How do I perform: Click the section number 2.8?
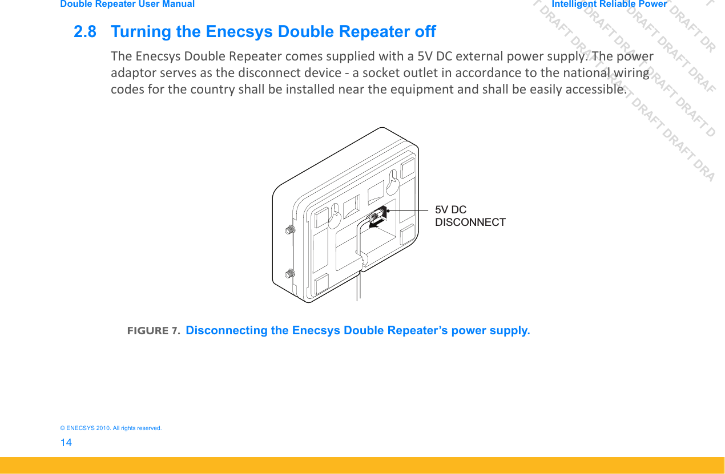coord(85,31)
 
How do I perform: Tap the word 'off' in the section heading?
coord(425,31)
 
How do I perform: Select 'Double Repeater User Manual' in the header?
coord(127,4)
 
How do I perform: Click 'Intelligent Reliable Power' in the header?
coord(609,4)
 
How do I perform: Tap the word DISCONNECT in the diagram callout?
coord(470,222)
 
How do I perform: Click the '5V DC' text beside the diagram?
coord(450,210)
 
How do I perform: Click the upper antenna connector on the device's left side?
coord(289,230)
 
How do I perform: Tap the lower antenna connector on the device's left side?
coord(289,274)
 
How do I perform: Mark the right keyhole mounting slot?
coord(392,180)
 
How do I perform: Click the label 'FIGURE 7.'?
coord(154,331)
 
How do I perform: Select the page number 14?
coord(66,443)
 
